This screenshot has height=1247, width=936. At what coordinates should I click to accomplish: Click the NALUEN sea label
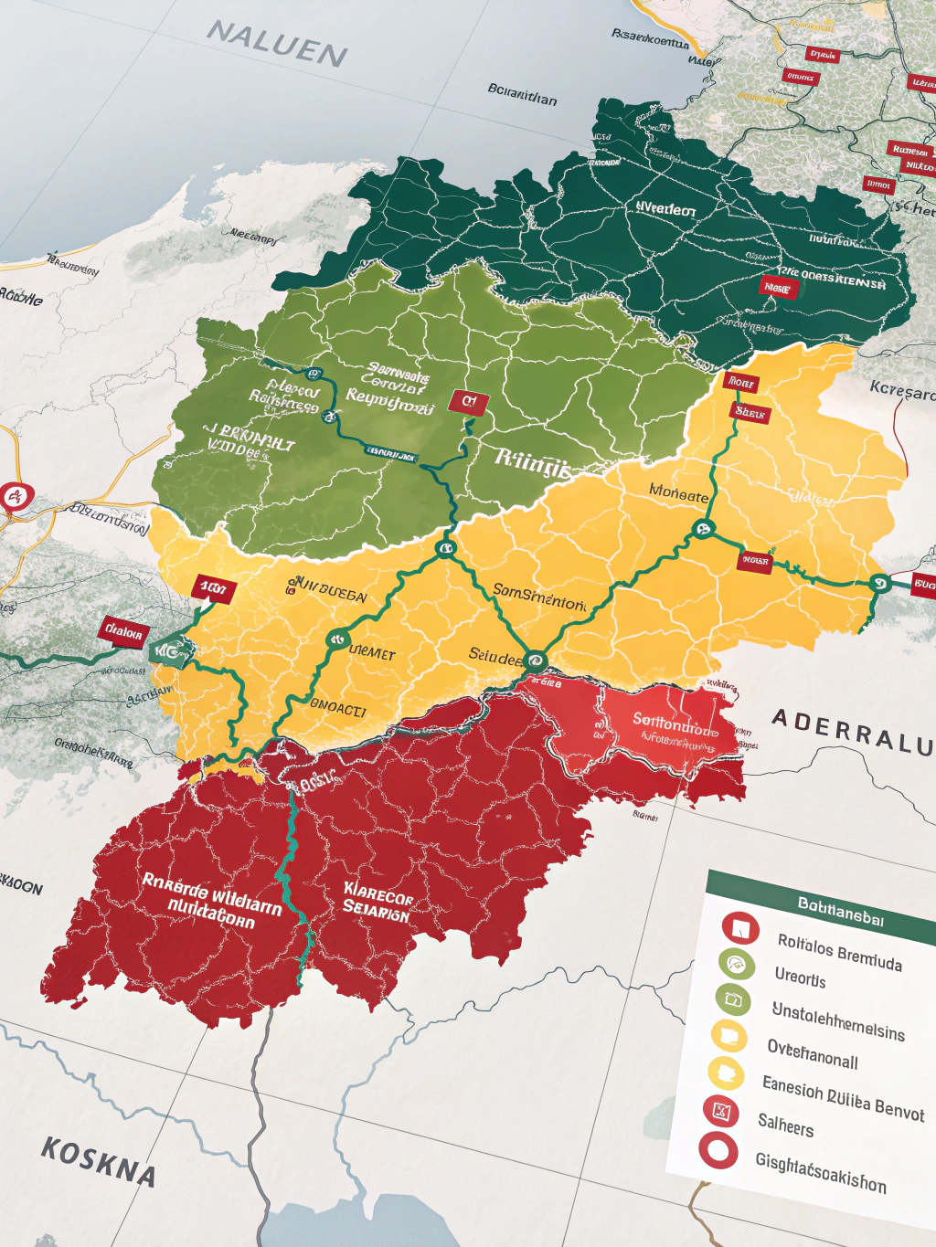tap(277, 44)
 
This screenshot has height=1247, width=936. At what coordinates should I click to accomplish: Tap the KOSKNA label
tap(98, 1161)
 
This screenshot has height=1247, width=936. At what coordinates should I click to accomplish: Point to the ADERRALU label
tap(851, 731)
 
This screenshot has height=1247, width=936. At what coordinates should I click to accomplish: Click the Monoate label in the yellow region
tap(678, 493)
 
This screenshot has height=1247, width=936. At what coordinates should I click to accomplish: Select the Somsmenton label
tap(539, 597)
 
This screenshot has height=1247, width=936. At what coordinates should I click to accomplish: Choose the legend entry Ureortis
tap(800, 977)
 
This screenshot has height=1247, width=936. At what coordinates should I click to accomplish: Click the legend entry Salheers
tap(785, 1124)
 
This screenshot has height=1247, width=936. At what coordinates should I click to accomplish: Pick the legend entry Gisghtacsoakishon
tap(820, 1171)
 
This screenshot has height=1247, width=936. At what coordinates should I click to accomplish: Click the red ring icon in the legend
tap(718, 1150)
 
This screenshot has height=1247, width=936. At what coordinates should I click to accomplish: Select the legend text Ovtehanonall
tap(812, 1054)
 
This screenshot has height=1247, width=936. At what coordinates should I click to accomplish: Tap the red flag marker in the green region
tap(468, 402)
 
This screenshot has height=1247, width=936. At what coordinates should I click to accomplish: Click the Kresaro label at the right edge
tap(902, 391)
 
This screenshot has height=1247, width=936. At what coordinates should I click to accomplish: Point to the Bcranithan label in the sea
tap(522, 94)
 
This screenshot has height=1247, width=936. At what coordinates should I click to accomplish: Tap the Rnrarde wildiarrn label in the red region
tap(211, 901)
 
